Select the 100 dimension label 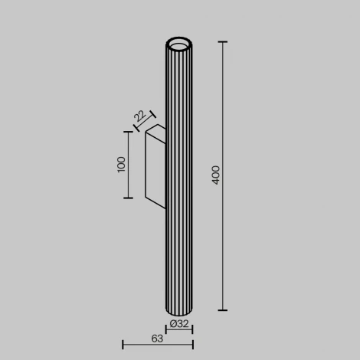pos(121,165)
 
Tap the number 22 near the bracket pos(139,116)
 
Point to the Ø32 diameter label pos(179,324)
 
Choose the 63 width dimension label pos(156,338)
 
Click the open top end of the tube pos(179,42)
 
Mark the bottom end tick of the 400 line pos(223,310)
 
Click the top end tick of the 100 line pos(129,131)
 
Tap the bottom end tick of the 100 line pos(129,198)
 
